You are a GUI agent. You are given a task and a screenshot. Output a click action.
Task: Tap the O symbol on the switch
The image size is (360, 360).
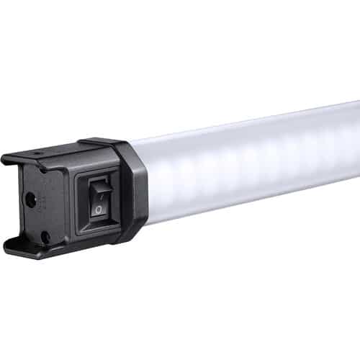coord(98,210)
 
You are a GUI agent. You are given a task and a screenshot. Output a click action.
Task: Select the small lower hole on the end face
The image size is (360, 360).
coord(45,235)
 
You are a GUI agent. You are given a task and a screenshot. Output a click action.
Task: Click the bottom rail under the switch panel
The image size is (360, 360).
coord(79,245)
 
